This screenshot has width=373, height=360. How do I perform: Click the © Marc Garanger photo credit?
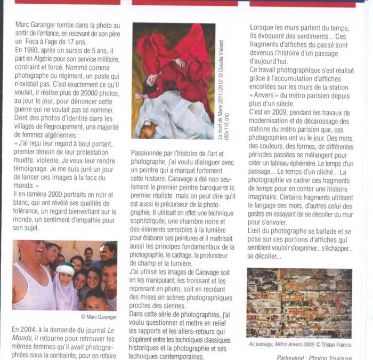(x=99, y=317)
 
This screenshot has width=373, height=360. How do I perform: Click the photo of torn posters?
(x=299, y=302)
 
